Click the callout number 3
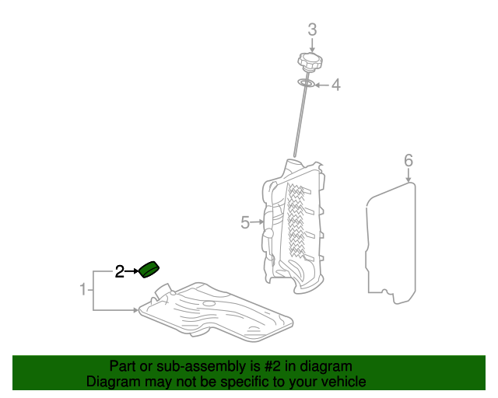pos(312,30)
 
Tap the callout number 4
pos(336,85)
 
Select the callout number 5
pos(245,222)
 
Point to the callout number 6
pos(409,160)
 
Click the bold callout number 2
pos(119,271)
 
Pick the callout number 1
pos(83,289)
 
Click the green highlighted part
pos(149,270)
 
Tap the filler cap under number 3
pos(310,61)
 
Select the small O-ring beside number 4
pos(306,83)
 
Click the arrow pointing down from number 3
pos(312,45)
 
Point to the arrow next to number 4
pos(322,85)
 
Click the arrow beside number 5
pos(257,222)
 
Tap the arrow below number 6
pos(409,175)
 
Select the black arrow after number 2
pos(132,271)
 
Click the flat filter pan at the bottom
pos(216,312)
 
